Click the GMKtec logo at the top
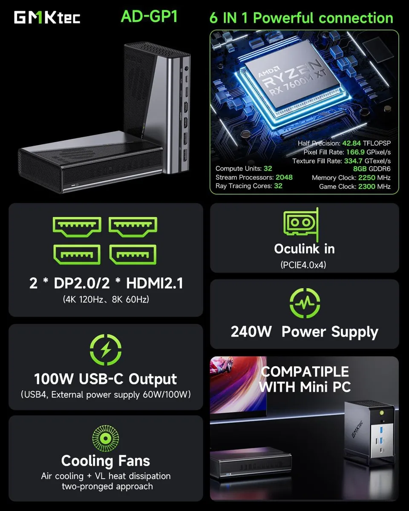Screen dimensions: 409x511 pos(47,17)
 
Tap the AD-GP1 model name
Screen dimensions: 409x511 pos(149,17)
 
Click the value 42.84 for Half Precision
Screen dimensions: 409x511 pos(351,143)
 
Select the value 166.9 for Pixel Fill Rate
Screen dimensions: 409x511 pos(355,152)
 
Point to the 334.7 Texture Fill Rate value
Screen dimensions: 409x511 pos(353,161)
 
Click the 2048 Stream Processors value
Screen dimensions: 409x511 pos(284,177)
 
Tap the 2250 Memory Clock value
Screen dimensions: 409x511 pos(366,178)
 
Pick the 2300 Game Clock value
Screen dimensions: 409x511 pos(366,187)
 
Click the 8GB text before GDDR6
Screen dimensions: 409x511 pos(360,169)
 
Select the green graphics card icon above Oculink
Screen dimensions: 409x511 pos(301,224)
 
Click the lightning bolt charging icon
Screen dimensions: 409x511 pos(106,350)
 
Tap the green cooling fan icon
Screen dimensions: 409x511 pos(106,438)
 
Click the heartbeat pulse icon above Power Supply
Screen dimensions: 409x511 pos(305,303)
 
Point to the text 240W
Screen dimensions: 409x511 pos(251,331)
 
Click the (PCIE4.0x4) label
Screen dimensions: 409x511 pos(303,265)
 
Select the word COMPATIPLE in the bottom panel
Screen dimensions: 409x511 pos(305,372)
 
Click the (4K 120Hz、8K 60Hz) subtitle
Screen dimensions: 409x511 pos(106,299)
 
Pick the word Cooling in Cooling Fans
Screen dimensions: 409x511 pos(87,461)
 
